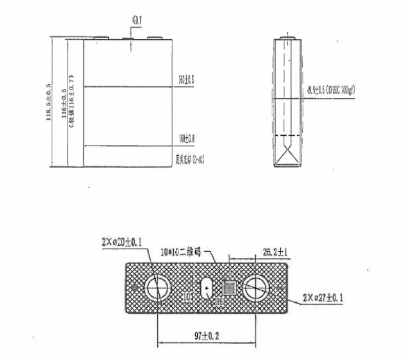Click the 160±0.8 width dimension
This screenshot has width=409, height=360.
click(x=187, y=139)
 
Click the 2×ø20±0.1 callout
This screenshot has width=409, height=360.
click(x=122, y=243)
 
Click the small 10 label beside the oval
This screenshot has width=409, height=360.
click(x=187, y=296)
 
